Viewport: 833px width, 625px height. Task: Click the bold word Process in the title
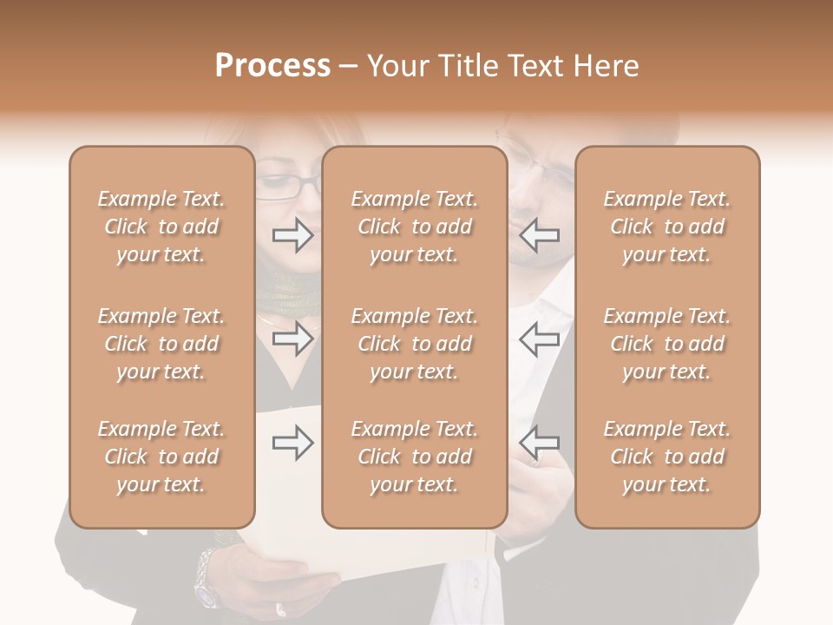pos(272,66)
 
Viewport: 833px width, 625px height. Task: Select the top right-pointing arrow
pos(293,234)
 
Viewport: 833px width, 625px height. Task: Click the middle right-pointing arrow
pos(293,339)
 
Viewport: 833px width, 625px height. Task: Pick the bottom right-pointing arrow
pos(293,443)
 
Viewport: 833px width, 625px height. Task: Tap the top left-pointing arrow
pos(539,234)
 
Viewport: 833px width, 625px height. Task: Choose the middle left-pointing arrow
pos(539,339)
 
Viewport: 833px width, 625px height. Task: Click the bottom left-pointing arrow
pos(539,442)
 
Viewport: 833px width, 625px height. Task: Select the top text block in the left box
pos(161,227)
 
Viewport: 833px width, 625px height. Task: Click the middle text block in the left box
pos(161,344)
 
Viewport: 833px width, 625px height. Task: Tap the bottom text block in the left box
pos(161,457)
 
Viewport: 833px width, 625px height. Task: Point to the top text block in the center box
pos(415,227)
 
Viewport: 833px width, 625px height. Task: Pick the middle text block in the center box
pos(415,344)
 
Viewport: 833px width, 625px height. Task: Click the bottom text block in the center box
pos(415,457)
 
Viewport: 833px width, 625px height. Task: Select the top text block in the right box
pos(667,227)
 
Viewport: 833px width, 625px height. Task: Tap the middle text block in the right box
pos(667,344)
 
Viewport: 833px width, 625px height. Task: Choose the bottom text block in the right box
pos(667,457)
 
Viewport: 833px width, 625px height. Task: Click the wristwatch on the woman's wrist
pos(207,578)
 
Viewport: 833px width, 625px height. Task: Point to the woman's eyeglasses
pos(286,186)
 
